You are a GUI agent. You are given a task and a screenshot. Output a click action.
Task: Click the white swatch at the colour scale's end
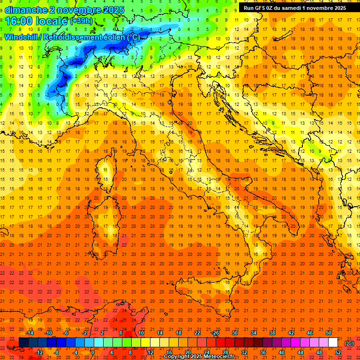[x=333, y=342]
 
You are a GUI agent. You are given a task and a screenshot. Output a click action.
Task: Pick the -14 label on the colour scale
[x=30, y=333]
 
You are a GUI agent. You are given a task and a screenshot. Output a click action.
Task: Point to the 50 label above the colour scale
[x=329, y=333]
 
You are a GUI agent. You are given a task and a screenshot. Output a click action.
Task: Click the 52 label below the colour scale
[x=338, y=352]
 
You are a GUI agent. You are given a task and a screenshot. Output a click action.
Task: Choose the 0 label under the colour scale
[x=93, y=352]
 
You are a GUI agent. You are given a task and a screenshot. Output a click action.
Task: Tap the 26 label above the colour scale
[x=216, y=333]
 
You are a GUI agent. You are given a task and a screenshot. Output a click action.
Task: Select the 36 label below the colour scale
[x=263, y=352]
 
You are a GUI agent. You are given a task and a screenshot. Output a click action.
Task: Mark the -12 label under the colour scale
[x=39, y=352]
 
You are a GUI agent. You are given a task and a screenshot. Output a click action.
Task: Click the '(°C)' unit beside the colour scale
[x=349, y=343]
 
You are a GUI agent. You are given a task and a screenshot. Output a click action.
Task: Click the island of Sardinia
[x=115, y=225]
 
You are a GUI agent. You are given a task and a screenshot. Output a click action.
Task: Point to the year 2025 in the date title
[x=114, y=9]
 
